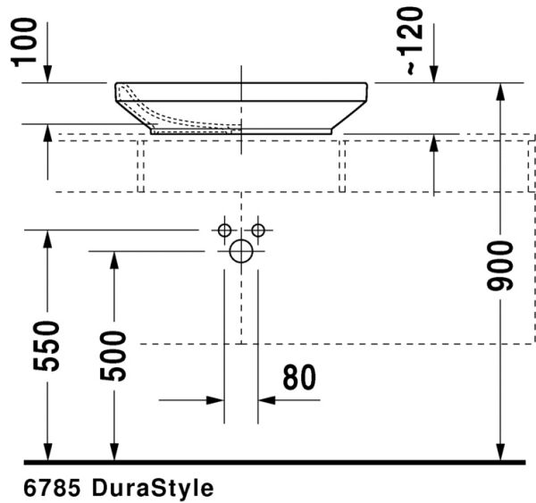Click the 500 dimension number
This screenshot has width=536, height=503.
tap(113, 355)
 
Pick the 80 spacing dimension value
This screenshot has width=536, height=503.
tap(299, 378)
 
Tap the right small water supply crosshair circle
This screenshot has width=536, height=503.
tap(258, 230)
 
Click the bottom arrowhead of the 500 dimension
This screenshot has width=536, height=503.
tap(113, 453)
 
